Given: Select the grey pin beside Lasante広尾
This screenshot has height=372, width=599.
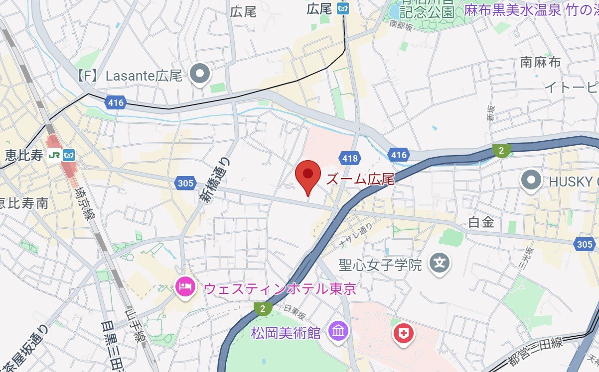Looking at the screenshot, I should click(x=201, y=75).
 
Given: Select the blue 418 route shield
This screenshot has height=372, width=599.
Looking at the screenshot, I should click(x=349, y=159).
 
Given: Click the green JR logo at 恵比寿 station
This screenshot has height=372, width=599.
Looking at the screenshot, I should click(x=54, y=155).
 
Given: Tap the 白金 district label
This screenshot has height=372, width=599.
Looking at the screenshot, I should click(x=481, y=223).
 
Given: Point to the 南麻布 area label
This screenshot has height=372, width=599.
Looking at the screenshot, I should click(x=540, y=62).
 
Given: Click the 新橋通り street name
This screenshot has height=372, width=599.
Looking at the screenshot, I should click(x=215, y=179).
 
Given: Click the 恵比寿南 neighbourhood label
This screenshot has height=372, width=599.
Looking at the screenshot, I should click(x=24, y=203).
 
